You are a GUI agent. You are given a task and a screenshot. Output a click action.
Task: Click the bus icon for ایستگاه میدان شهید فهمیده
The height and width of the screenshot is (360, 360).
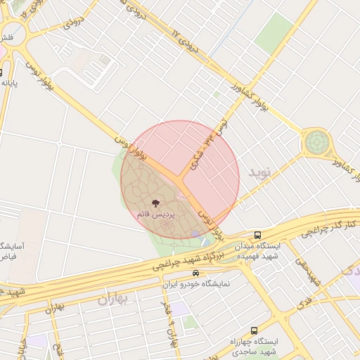point(259,235)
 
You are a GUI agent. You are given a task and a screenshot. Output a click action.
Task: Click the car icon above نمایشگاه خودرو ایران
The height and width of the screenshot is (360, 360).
point(195,274)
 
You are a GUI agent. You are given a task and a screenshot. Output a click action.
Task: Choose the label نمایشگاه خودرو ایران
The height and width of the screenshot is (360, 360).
point(196,284)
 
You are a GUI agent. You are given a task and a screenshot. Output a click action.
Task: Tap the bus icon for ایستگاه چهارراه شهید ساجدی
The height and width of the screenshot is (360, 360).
point(254,330)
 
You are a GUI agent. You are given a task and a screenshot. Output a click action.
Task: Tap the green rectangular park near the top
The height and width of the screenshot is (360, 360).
point(275,33)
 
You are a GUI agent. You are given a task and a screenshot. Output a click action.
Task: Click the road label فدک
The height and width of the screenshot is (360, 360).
point(304,304)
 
